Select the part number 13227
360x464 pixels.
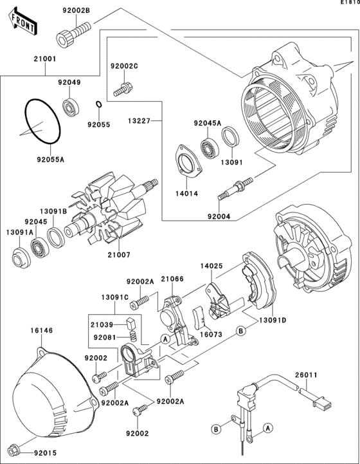point(139,120)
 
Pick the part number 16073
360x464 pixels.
point(210,335)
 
